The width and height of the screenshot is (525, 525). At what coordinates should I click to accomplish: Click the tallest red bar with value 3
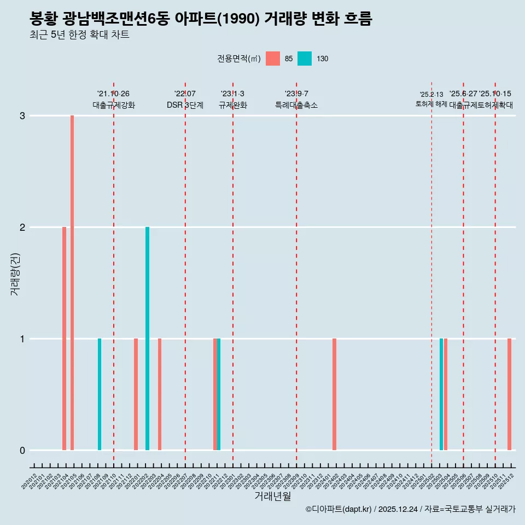tap(72, 283)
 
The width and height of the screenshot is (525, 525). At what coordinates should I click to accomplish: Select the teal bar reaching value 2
tap(147, 339)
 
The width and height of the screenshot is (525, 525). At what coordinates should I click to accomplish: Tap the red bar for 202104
tap(64, 339)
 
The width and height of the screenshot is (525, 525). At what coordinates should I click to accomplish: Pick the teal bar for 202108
tap(100, 394)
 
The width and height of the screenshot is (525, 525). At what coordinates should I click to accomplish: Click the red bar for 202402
tap(334, 394)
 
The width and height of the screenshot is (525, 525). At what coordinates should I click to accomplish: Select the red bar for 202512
tap(509, 394)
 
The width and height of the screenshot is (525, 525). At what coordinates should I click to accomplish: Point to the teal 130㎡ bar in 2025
tap(441, 394)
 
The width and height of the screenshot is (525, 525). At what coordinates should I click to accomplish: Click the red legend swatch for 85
tap(273, 59)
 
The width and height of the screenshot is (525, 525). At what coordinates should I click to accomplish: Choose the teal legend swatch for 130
tap(305, 59)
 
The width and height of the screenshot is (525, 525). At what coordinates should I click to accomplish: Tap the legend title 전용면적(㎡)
tap(239, 59)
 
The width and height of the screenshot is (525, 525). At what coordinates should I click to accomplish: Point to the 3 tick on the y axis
tap(22, 115)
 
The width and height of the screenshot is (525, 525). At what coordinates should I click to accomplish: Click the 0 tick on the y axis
tap(22, 450)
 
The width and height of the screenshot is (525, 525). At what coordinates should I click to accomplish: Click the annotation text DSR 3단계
tap(185, 105)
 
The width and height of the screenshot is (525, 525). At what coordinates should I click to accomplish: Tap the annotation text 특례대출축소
tap(296, 105)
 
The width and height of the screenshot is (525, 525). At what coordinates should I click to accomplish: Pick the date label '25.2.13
tap(431, 95)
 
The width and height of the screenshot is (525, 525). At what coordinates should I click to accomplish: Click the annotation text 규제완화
tap(233, 105)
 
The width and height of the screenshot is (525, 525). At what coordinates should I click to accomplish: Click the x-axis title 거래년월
tap(272, 497)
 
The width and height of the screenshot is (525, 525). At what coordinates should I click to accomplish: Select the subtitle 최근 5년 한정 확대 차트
tap(80, 36)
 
